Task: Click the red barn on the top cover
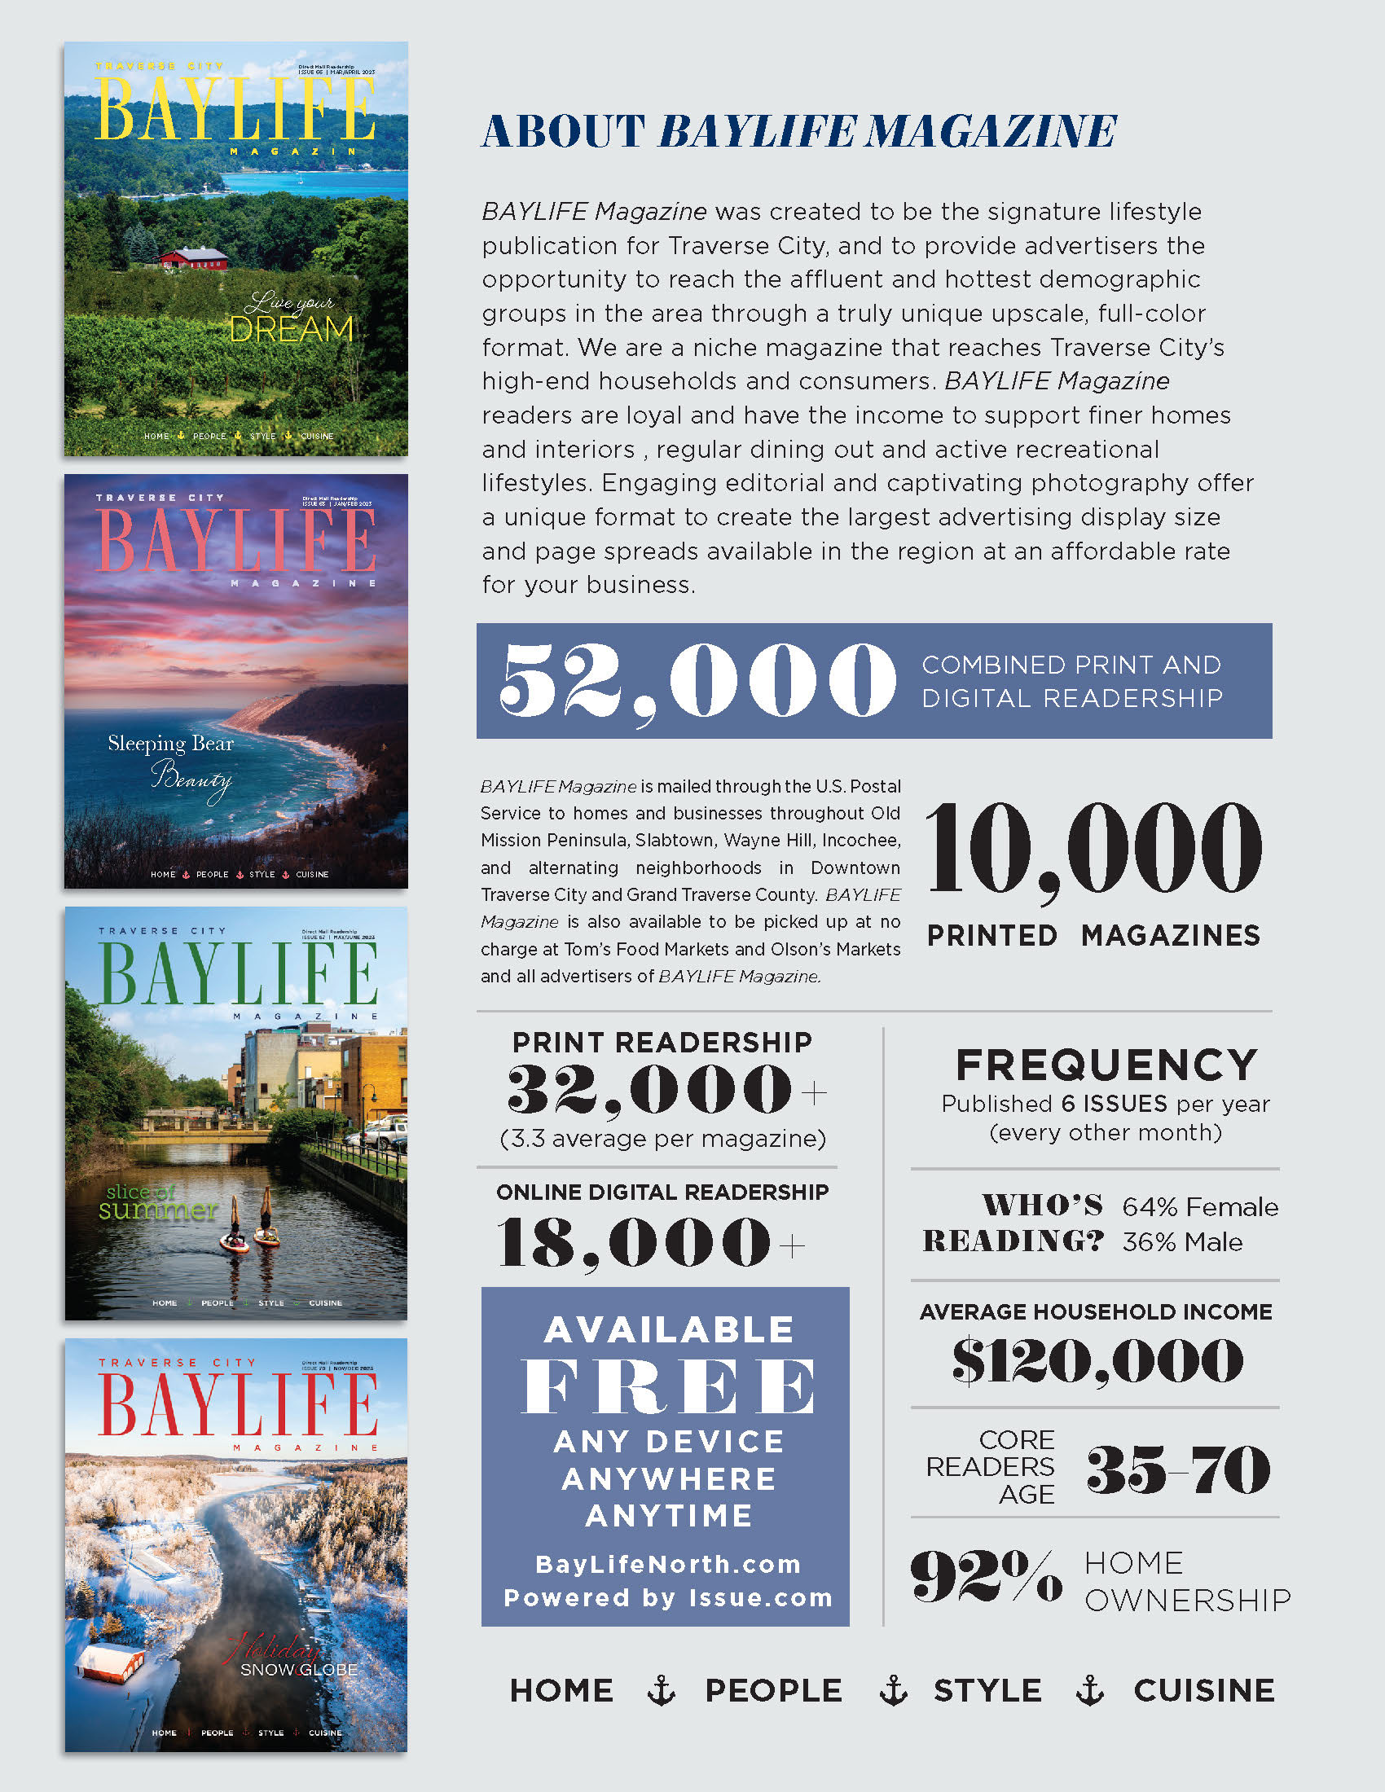coord(194,258)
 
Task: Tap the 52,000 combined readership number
coord(697,679)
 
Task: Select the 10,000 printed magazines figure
coord(1093,849)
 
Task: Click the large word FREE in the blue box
coord(668,1386)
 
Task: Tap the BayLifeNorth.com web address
coord(668,1564)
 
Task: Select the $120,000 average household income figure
coord(1097,1360)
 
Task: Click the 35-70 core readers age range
coord(1177,1469)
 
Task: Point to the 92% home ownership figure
coord(986,1576)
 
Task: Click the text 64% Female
coord(1199,1207)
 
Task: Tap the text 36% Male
coord(1181,1242)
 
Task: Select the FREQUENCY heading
coord(1106,1065)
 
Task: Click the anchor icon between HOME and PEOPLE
coord(661,1690)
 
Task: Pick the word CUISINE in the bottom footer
coord(1203,1691)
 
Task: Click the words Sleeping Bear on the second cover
coord(170,744)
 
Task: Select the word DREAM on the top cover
coord(292,330)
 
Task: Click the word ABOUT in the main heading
coord(563,131)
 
